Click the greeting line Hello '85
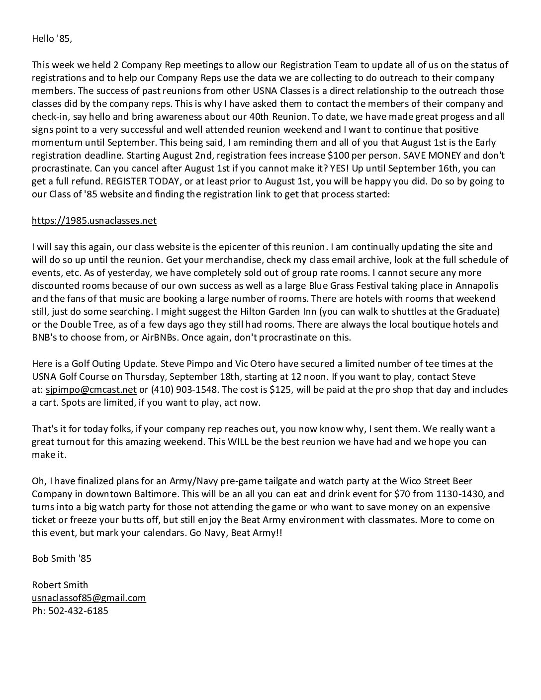(52, 38)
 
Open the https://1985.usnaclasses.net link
(94, 220)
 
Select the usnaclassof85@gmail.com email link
(89, 598)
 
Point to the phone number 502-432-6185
(78, 611)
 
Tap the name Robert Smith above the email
(60, 585)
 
